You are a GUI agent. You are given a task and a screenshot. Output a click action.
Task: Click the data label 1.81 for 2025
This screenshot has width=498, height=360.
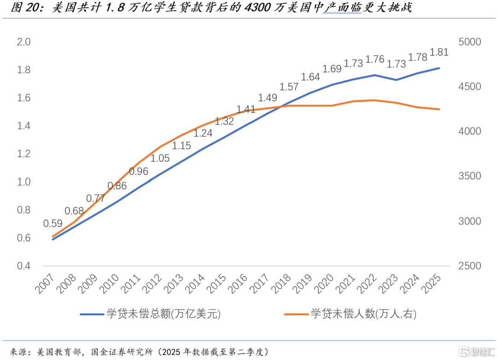439,52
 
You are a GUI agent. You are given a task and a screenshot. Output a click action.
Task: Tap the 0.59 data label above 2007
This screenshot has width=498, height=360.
53,224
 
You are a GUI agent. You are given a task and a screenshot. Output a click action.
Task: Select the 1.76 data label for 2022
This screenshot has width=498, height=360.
375,59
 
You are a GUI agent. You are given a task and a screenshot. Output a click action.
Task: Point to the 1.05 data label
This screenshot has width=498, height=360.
160,158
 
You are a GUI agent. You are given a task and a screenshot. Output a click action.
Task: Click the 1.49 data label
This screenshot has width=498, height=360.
267,97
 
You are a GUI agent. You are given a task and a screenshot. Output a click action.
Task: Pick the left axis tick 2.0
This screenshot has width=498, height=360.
24,42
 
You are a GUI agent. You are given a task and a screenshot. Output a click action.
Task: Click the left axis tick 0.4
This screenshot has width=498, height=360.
24,266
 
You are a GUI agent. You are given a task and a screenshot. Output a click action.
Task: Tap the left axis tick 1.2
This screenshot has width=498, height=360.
24,154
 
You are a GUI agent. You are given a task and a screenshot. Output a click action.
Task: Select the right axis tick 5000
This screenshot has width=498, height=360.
470,42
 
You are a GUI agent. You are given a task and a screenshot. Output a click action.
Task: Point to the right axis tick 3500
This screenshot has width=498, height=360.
470,176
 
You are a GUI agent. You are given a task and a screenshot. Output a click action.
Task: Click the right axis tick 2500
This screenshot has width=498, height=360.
470,266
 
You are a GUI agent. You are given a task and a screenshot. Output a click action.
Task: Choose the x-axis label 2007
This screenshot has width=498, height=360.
44,283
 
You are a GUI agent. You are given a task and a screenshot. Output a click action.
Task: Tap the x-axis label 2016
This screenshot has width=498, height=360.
238,283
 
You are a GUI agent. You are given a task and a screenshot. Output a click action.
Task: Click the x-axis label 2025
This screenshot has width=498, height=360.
432,283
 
